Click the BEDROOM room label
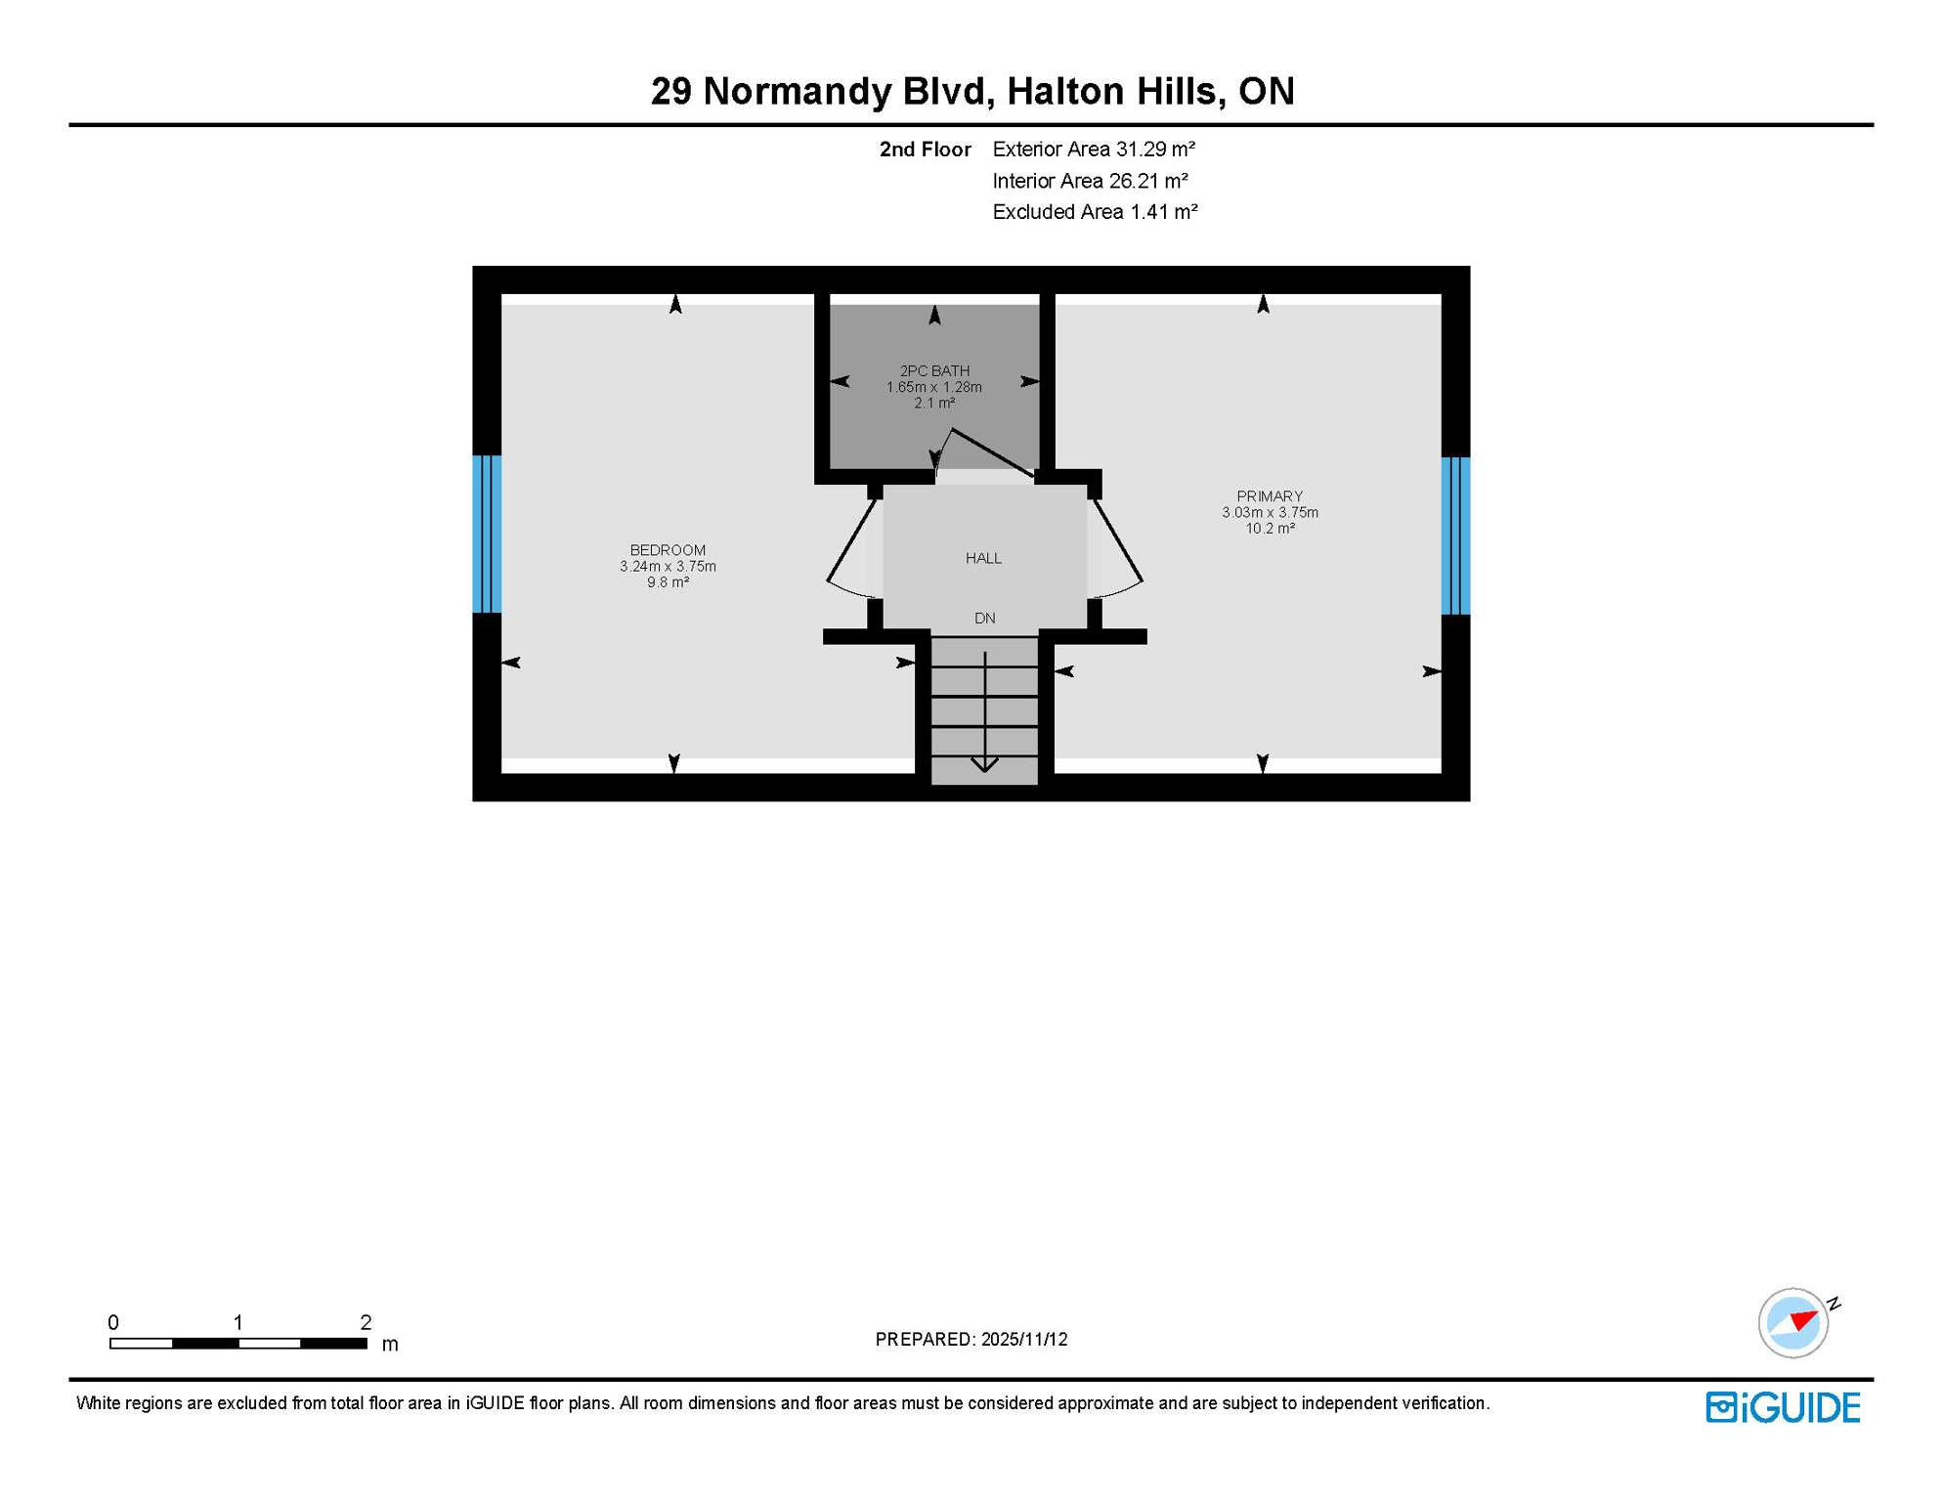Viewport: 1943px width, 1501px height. [668, 550]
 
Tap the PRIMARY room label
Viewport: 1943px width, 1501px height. [1269, 496]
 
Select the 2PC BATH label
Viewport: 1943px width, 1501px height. [934, 371]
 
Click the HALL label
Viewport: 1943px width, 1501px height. [983, 558]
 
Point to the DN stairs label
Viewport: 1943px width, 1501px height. [984, 619]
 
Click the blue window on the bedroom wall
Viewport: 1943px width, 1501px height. [487, 535]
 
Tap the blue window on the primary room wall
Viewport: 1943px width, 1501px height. [1455, 536]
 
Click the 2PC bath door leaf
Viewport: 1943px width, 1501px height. [992, 452]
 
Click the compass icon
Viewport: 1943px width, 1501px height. [1792, 1323]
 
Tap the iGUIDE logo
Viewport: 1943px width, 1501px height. [1783, 1407]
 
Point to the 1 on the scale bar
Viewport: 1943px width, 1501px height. [237, 1322]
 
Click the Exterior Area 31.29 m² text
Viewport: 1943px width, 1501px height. [1094, 150]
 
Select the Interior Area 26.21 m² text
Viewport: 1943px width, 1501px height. [1090, 181]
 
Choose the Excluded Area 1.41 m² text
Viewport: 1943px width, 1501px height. [1095, 212]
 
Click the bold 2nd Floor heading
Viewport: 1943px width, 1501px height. [925, 150]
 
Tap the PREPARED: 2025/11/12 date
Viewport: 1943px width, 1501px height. [971, 1339]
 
